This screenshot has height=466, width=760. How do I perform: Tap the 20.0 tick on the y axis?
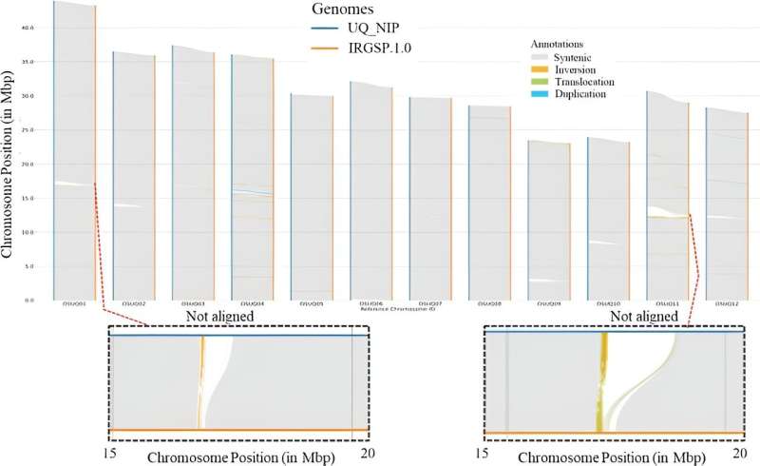(28, 164)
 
